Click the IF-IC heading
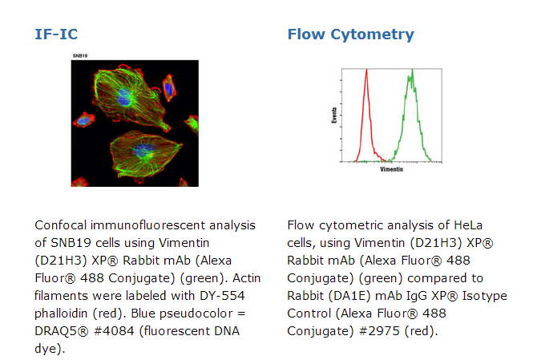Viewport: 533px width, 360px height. pos(56,34)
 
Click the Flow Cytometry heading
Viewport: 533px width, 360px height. pos(351,34)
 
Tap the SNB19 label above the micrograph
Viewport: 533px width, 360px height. pos(80,56)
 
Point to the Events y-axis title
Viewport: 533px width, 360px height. pos(334,115)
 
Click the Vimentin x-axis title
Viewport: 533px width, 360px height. pos(392,169)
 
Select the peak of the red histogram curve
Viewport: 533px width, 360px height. pos(367,70)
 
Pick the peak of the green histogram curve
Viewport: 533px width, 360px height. pos(412,70)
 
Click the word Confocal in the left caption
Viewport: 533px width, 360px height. pos(60,225)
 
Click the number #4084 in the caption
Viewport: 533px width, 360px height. pos(114,331)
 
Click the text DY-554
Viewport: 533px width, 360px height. pos(222,295)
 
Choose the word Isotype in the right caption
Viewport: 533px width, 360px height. pos(484,296)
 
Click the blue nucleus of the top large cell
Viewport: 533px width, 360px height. pos(124,97)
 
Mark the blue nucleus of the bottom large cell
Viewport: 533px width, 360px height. pos(143,150)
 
